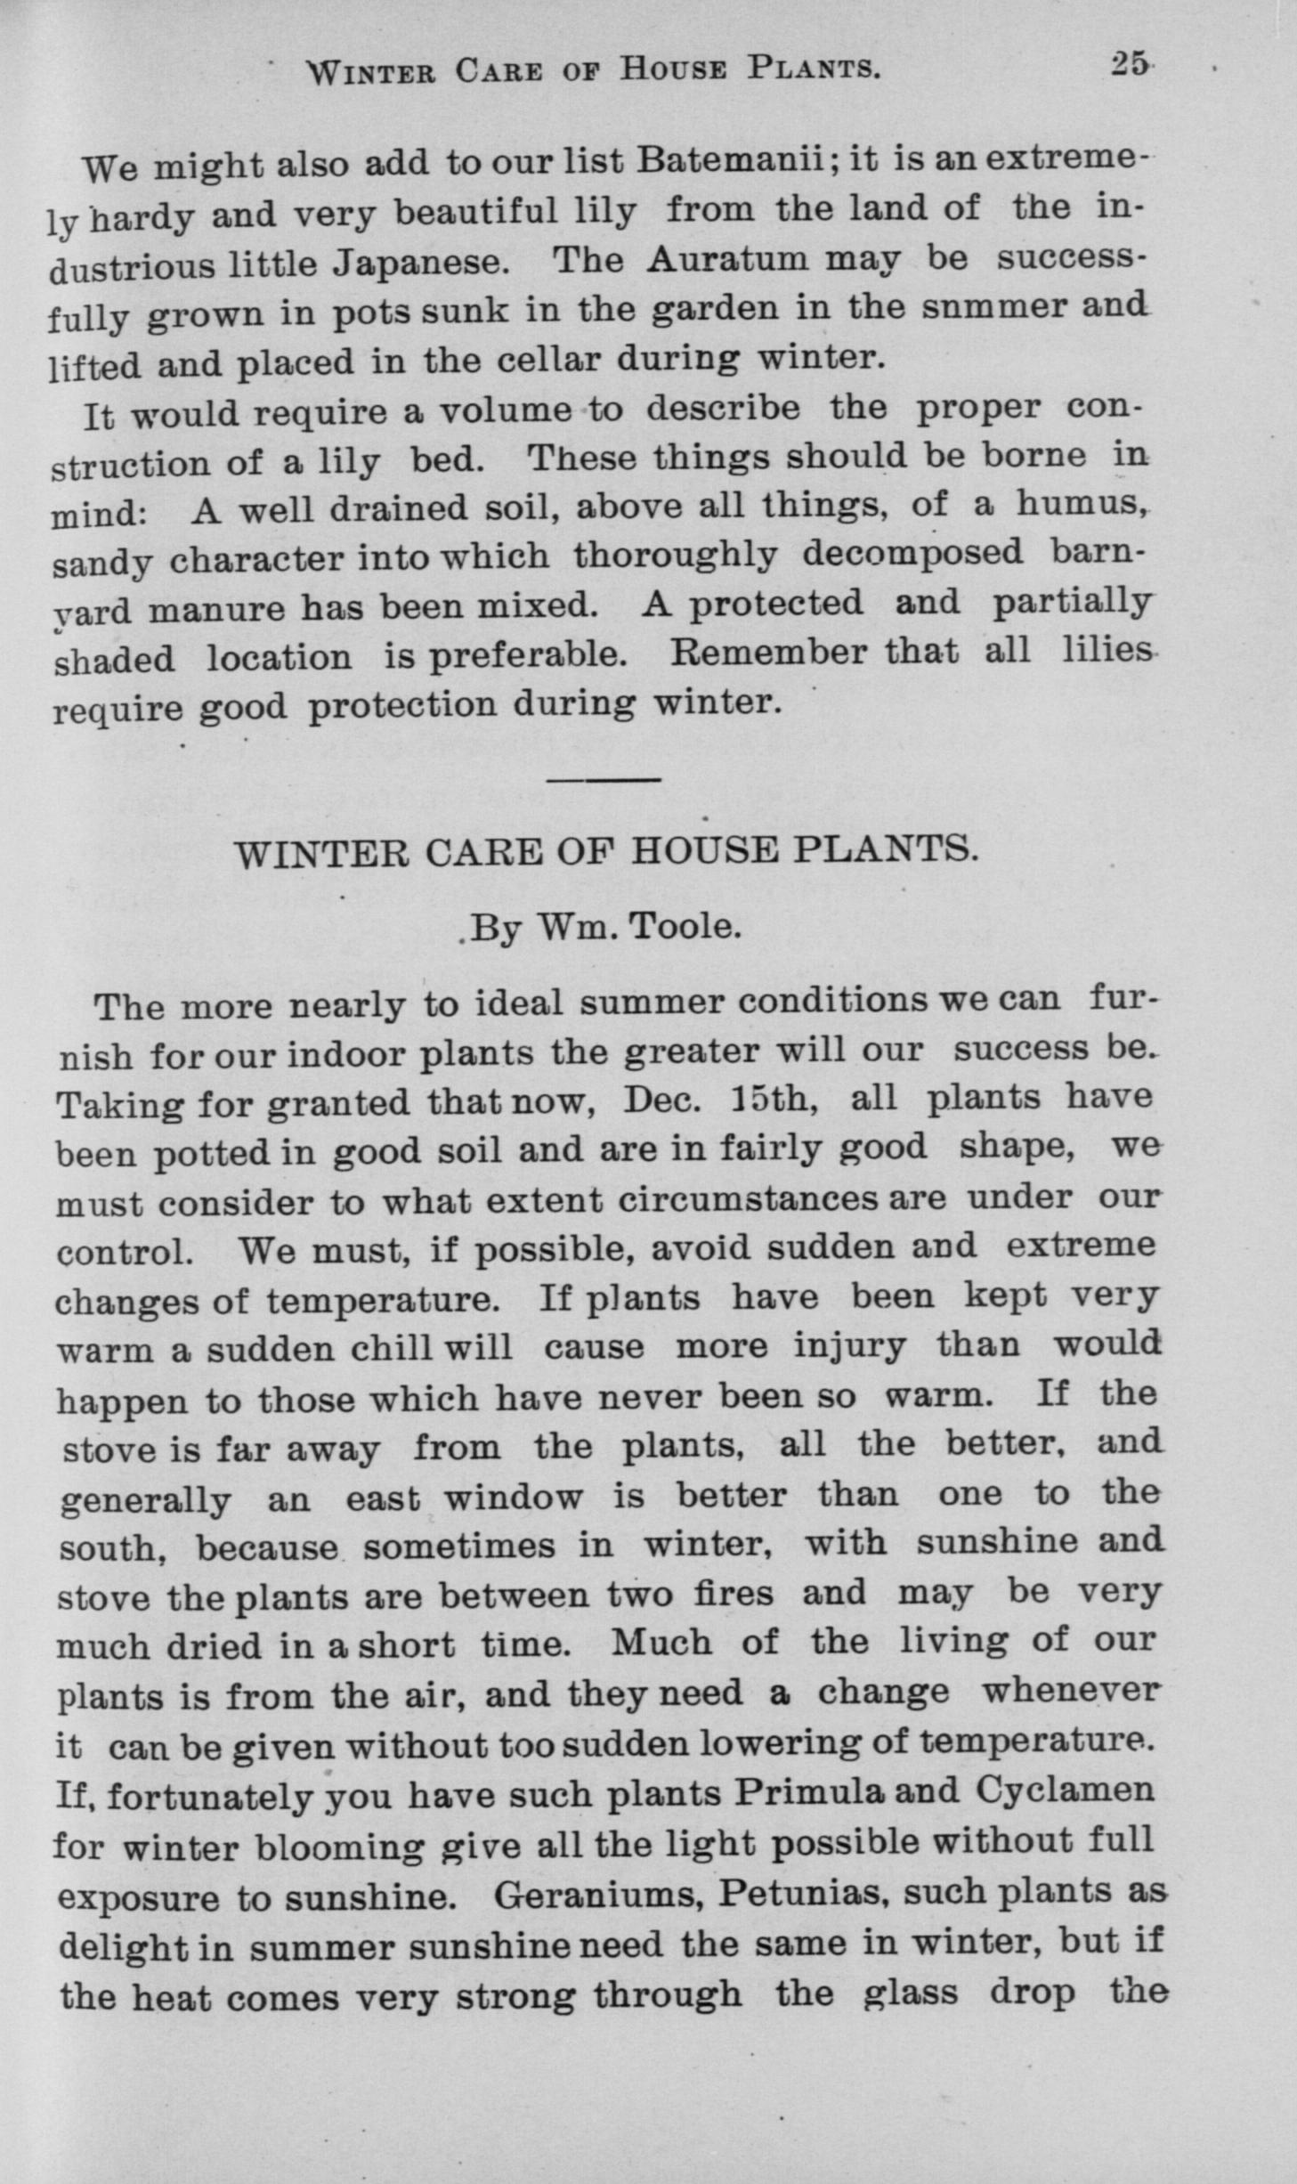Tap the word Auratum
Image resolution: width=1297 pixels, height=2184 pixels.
pos(728,258)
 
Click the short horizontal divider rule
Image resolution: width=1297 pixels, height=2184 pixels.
pos(604,781)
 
